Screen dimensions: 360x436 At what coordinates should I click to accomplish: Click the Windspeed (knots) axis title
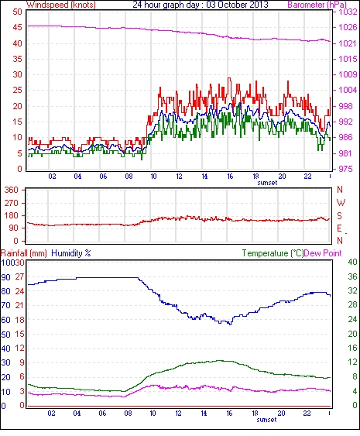[x=61, y=5]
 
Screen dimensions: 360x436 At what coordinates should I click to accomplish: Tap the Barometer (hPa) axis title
[x=317, y=5]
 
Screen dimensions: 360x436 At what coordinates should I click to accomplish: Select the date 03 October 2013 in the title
[x=237, y=5]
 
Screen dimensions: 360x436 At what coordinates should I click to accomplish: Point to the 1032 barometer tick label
[x=348, y=12]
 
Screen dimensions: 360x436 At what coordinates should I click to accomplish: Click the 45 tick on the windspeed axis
[x=17, y=28]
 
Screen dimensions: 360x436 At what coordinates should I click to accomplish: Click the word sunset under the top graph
[x=267, y=183]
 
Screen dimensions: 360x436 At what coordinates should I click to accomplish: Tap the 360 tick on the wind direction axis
[x=12, y=191]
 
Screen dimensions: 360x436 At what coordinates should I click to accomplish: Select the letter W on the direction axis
[x=341, y=203]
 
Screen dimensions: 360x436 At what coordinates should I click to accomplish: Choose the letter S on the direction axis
[x=339, y=215]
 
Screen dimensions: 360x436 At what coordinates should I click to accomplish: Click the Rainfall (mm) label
[x=24, y=253]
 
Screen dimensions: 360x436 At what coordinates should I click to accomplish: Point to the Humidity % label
[x=71, y=253]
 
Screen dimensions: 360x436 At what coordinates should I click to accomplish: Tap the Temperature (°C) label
[x=273, y=253]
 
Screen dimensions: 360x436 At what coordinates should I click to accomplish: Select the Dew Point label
[x=323, y=253]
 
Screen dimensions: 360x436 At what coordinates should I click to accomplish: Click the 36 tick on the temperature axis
[x=352, y=276]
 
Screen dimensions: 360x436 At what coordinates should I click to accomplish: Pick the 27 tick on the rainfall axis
[x=19, y=277]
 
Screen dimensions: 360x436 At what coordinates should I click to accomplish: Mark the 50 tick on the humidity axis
[x=5, y=335]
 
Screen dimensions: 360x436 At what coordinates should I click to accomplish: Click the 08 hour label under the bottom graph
[x=128, y=414]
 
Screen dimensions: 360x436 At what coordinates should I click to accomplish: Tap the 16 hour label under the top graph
[x=230, y=177]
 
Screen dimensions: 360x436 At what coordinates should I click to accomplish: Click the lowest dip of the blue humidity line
[x=230, y=324]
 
